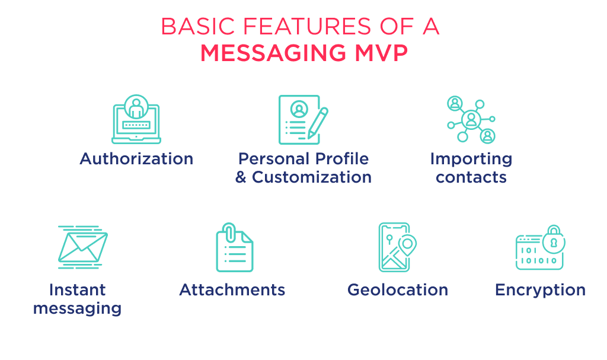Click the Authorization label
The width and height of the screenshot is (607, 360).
(136, 159)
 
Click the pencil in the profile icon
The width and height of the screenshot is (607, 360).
(318, 121)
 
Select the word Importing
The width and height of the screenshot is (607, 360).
(471, 159)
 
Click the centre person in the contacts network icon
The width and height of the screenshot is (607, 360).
(471, 119)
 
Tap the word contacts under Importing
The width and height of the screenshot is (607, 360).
(471, 177)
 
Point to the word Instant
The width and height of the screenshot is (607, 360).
(77, 290)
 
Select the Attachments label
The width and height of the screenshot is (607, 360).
(232, 290)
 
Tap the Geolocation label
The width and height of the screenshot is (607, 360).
(398, 290)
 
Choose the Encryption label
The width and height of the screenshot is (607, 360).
(540, 290)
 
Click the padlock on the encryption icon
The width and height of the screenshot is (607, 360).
(554, 238)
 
